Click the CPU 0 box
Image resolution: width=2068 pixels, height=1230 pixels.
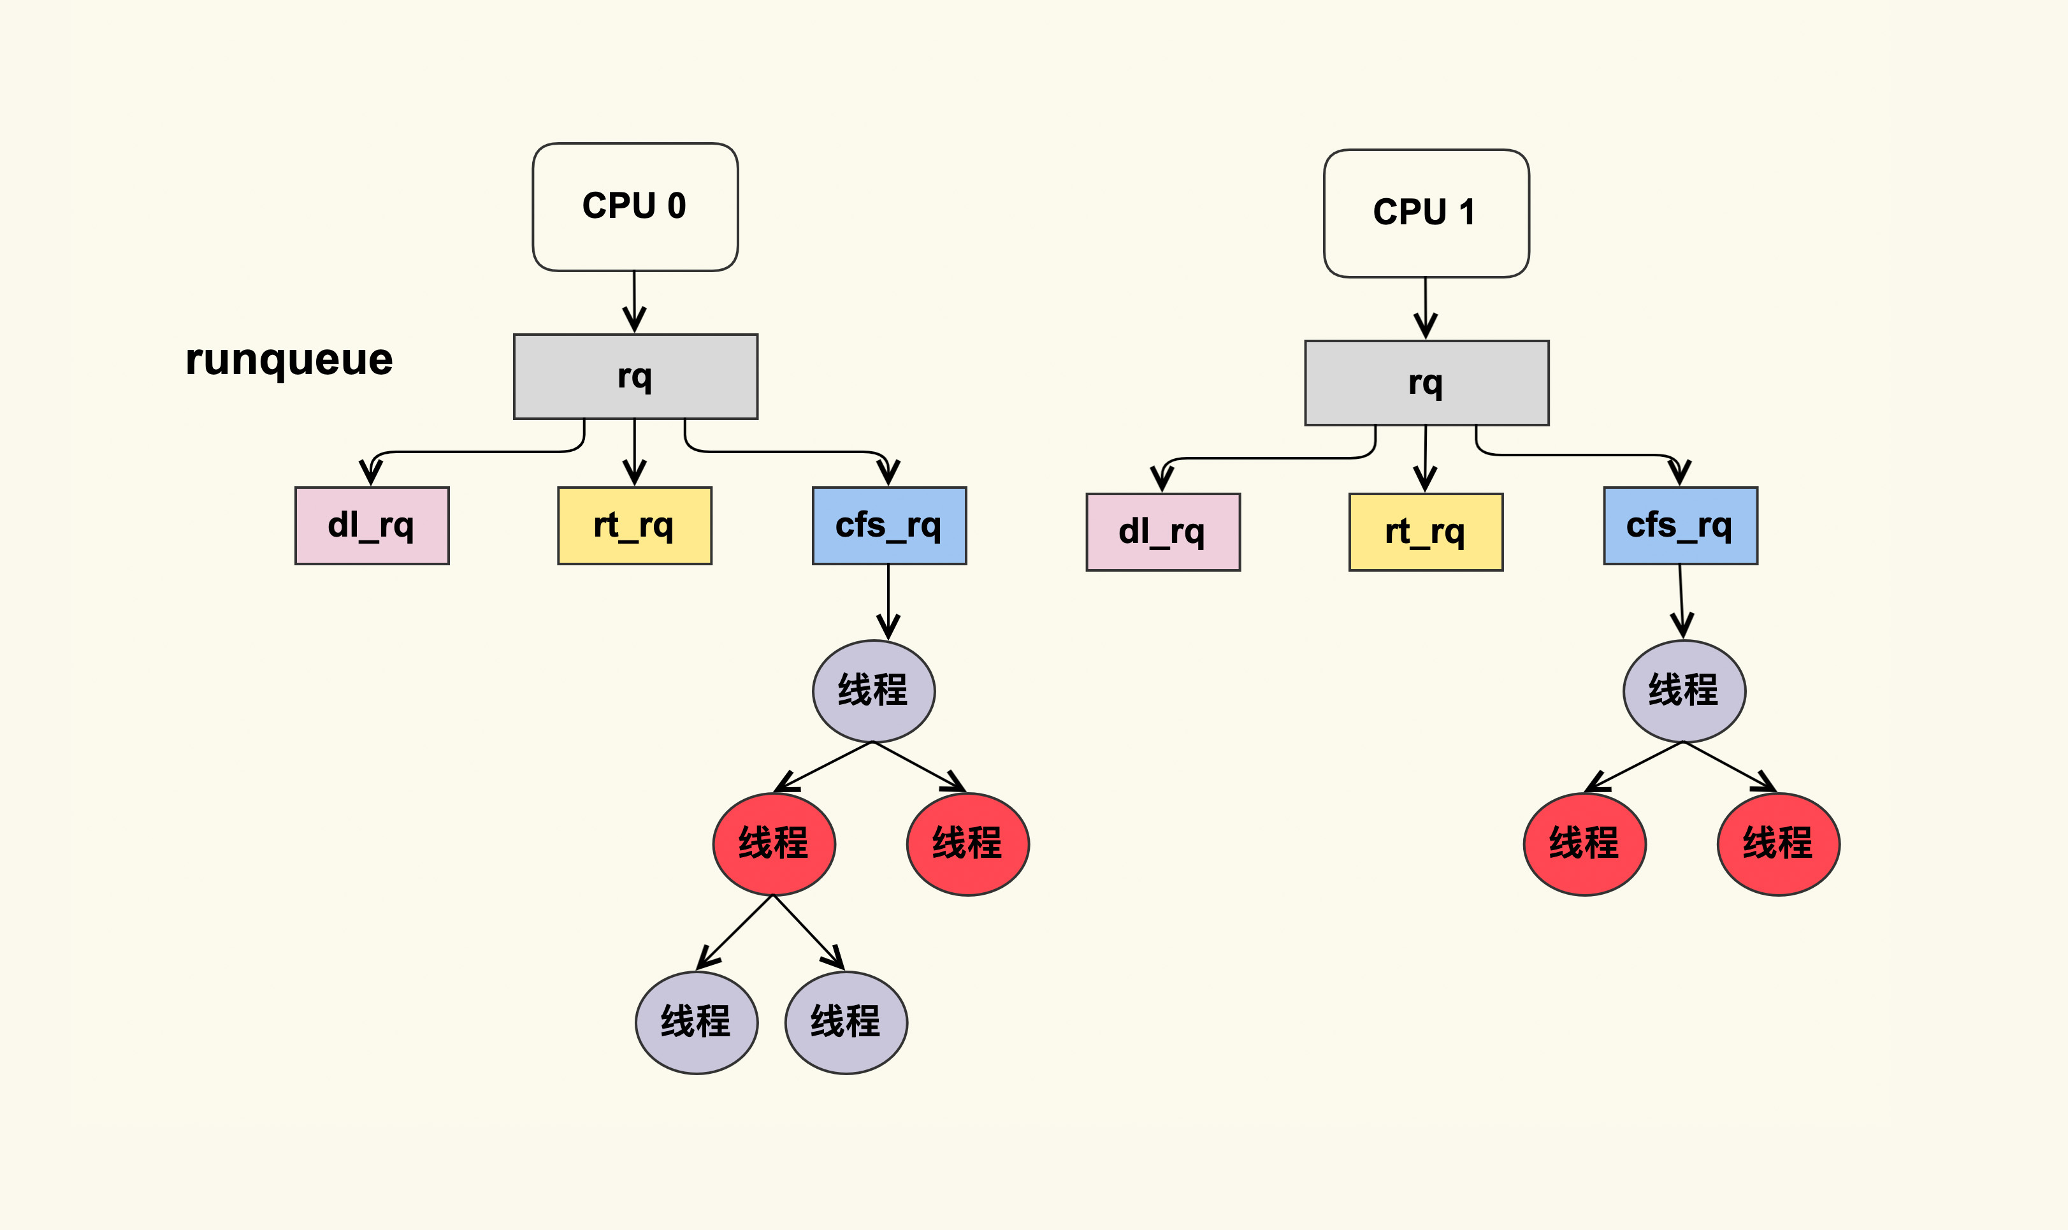click(x=635, y=207)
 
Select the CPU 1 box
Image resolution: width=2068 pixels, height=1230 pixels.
click(x=1426, y=213)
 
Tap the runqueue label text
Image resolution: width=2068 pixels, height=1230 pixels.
click(x=289, y=359)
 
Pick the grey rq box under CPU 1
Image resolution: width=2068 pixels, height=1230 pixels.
click(x=1426, y=383)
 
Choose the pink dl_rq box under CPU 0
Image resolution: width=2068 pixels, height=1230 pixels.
click(x=372, y=526)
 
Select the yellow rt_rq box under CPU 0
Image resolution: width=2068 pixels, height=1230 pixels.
click(x=634, y=526)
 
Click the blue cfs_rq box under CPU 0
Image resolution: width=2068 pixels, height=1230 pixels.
click(x=888, y=526)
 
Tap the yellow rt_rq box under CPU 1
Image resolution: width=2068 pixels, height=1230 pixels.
click(x=1425, y=532)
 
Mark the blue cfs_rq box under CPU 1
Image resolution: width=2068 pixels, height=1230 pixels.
click(x=1679, y=526)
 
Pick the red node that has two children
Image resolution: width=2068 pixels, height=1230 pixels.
click(x=773, y=844)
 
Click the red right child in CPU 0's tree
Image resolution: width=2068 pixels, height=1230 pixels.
click(x=967, y=844)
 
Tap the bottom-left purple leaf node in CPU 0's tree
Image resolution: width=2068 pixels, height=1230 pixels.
click(x=697, y=1022)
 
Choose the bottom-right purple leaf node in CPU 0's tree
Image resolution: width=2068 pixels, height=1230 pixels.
click(x=846, y=1022)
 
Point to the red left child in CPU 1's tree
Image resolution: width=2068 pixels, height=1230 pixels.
click(x=1584, y=844)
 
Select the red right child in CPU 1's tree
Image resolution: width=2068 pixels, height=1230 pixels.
click(x=1778, y=844)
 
